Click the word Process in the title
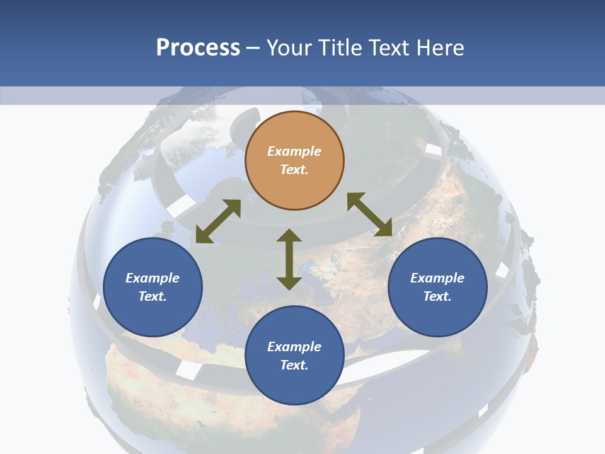pyautogui.click(x=198, y=48)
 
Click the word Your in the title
pyautogui.click(x=291, y=48)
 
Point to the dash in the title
pyautogui.click(x=253, y=49)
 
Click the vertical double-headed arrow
pyautogui.click(x=289, y=259)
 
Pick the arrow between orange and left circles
pyautogui.click(x=218, y=221)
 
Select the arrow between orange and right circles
pyautogui.click(x=370, y=214)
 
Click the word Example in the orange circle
pyautogui.click(x=294, y=151)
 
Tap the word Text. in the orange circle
pyautogui.click(x=294, y=170)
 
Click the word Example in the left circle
pyautogui.click(x=153, y=278)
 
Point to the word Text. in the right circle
pyautogui.click(x=437, y=296)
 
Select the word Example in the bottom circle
pyautogui.click(x=294, y=347)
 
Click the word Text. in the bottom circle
pyautogui.click(x=294, y=365)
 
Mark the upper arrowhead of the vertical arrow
pyautogui.click(x=289, y=235)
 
